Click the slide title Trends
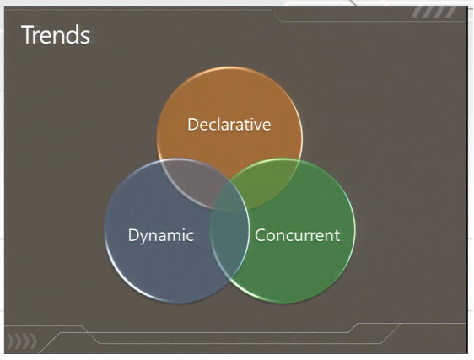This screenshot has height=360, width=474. coord(56,35)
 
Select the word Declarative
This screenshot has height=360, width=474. coord(229,124)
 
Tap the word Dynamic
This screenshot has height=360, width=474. coord(161,236)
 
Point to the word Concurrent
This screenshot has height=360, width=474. coord(297,235)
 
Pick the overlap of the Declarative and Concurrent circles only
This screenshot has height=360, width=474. coord(266,181)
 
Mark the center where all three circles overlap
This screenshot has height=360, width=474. coord(229,196)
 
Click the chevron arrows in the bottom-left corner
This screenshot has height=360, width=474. coord(22,341)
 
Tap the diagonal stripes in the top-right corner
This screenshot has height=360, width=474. coord(434,12)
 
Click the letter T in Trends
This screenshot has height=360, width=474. coord(28,35)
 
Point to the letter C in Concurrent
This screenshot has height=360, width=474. coord(260,235)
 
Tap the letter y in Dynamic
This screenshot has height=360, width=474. coord(143,238)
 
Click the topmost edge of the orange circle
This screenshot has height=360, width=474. coord(229,67)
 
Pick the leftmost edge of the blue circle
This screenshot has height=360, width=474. coord(105,230)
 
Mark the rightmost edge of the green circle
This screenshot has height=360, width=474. coord(354,230)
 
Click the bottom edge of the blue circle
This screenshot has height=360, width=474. coord(176,302)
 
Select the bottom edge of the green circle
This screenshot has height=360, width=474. coord(283,302)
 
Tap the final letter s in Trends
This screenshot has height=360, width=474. coord(85,37)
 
